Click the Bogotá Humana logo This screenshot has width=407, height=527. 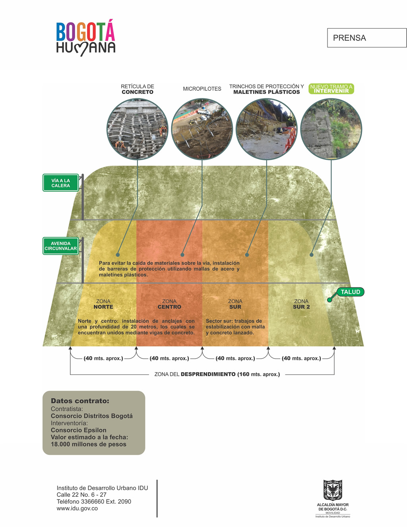[85, 38]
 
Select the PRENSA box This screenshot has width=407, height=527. [366, 38]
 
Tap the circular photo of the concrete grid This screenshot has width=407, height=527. [138, 129]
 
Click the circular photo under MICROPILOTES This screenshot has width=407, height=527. [202, 129]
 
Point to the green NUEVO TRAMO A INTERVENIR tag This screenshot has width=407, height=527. [331, 89]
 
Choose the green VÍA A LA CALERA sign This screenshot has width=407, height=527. [61, 183]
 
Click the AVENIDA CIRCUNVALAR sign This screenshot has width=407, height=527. [61, 246]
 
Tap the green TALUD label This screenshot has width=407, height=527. [350, 292]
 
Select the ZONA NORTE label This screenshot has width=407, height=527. [103, 304]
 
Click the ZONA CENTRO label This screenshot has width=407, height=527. [169, 304]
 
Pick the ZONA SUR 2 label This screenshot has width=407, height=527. [301, 304]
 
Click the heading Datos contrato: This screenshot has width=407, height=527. [80, 401]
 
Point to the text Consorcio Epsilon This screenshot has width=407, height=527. [79, 430]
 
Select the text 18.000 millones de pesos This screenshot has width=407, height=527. [89, 444]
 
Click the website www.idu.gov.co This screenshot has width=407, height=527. [77, 508]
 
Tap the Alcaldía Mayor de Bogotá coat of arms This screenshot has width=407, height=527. [333, 490]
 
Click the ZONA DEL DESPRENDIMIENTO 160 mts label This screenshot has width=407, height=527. [217, 374]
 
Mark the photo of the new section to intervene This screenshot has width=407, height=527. [331, 129]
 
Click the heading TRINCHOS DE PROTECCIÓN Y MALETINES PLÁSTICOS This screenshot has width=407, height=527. [267, 89]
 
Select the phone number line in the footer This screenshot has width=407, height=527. [94, 502]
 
